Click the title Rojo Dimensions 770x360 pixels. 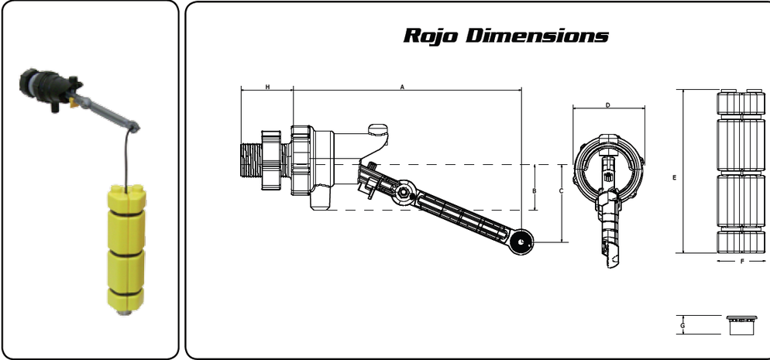pyautogui.click(x=506, y=36)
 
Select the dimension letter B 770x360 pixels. pyautogui.click(x=534, y=190)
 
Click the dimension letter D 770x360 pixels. pyautogui.click(x=608, y=105)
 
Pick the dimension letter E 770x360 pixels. pyautogui.click(x=675, y=177)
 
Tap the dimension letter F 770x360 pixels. pyautogui.click(x=741, y=262)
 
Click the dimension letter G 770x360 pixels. pyautogui.click(x=681, y=325)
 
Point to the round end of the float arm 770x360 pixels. pyautogui.click(x=521, y=242)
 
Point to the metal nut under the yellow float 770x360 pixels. pyautogui.click(x=123, y=314)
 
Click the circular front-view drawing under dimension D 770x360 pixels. pyautogui.click(x=608, y=166)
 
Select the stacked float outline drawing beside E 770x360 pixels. pyautogui.click(x=741, y=171)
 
